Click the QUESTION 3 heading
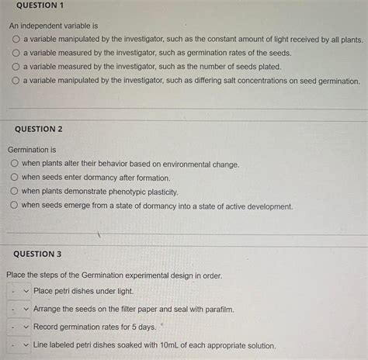[x=37, y=254]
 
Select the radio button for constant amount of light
[x=15, y=39]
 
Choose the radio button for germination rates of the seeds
[x=15, y=53]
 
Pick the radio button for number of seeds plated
[x=15, y=67]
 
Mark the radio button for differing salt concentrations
[x=15, y=81]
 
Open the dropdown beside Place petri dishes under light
[x=19, y=291]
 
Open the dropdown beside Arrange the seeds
[x=19, y=309]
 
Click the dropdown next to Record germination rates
[x=19, y=327]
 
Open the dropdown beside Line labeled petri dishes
[x=19, y=345]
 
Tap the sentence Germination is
[x=32, y=149]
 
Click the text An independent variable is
[x=52, y=25]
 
